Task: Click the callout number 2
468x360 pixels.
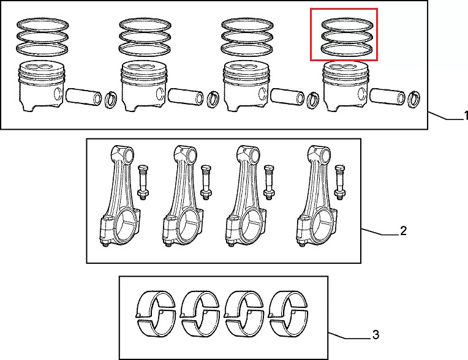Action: click(403, 231)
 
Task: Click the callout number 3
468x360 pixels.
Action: click(376, 335)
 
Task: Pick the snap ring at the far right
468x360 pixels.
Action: click(414, 99)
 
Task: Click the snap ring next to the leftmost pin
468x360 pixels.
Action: click(111, 100)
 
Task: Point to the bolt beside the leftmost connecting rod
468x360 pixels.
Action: click(143, 182)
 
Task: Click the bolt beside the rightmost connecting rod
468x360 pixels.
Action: click(340, 182)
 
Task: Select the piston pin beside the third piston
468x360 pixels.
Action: click(288, 97)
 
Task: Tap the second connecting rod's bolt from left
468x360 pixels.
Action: click(206, 182)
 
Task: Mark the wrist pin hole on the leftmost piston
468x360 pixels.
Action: click(58, 93)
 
